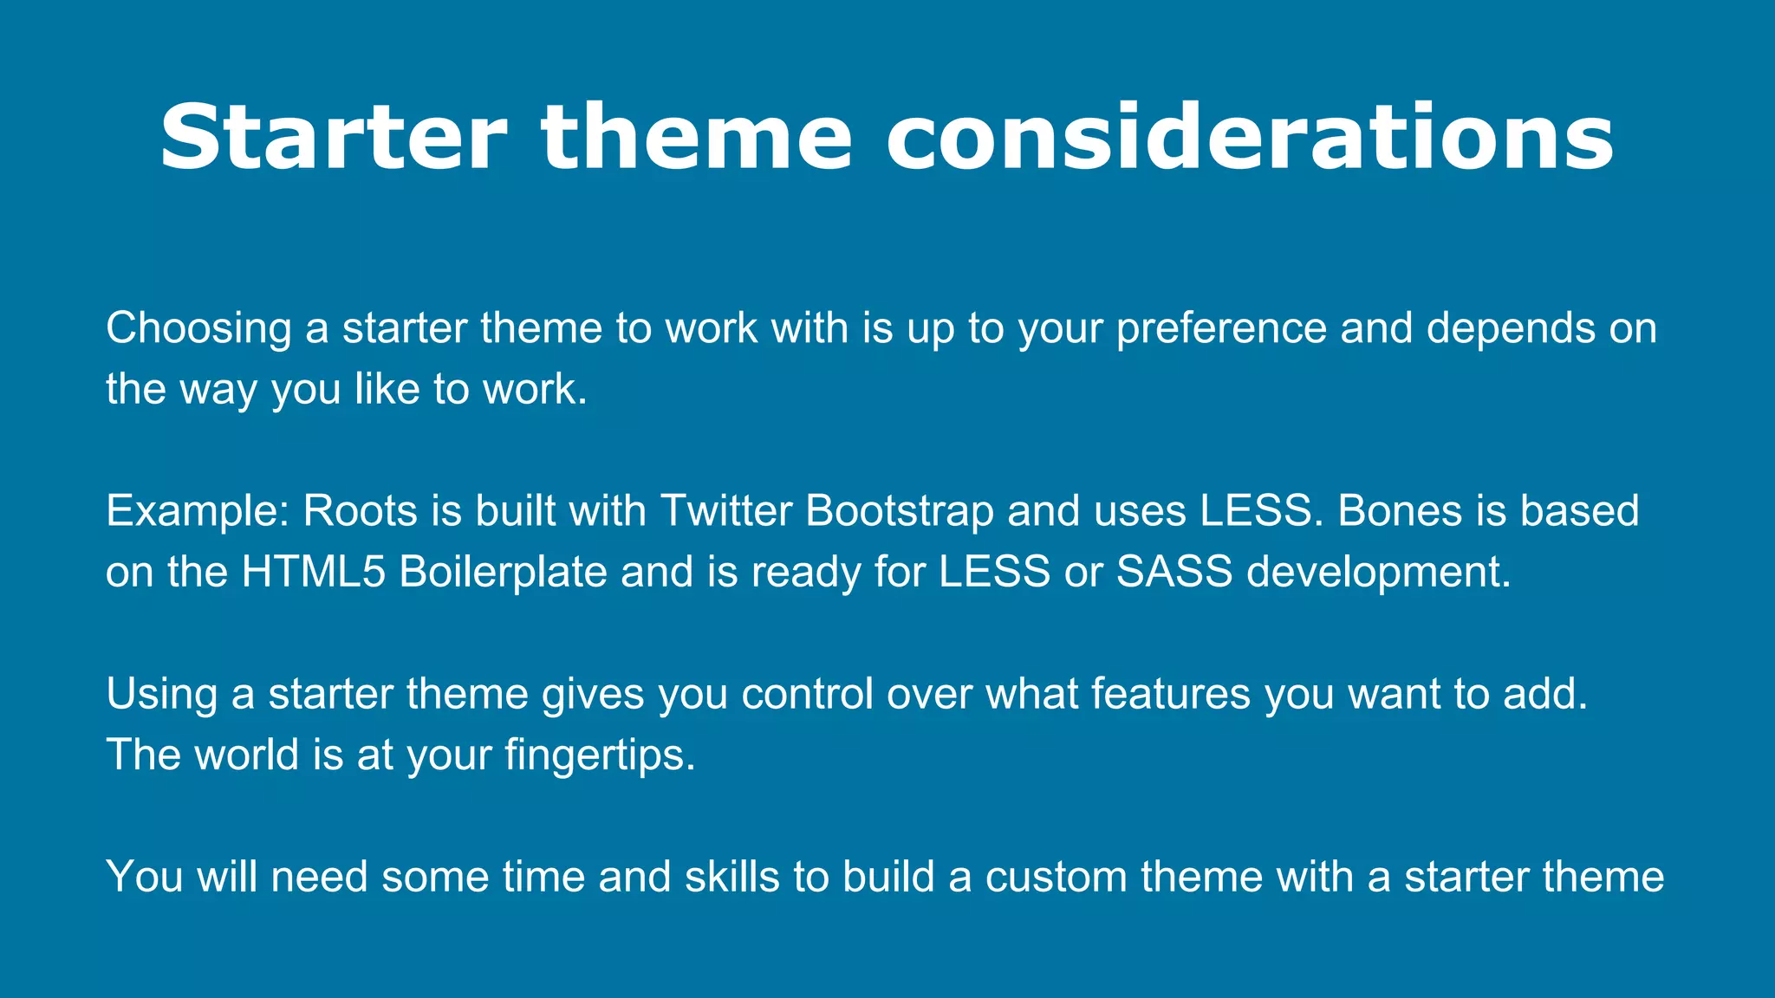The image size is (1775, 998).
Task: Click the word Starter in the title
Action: (333, 139)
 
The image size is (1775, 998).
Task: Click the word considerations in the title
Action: (1250, 139)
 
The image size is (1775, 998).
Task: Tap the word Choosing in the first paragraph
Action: (198, 329)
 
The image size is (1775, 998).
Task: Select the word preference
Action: (1221, 329)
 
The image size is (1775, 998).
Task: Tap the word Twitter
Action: (726, 512)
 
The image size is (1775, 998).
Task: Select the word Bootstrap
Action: (900, 512)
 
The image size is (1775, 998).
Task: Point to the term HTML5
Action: (313, 573)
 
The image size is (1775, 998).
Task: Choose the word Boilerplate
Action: (503, 573)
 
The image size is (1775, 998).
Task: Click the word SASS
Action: (1174, 573)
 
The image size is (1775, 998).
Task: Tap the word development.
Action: (1379, 573)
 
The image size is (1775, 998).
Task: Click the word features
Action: (1170, 695)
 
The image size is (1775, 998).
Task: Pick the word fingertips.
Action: (600, 755)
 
